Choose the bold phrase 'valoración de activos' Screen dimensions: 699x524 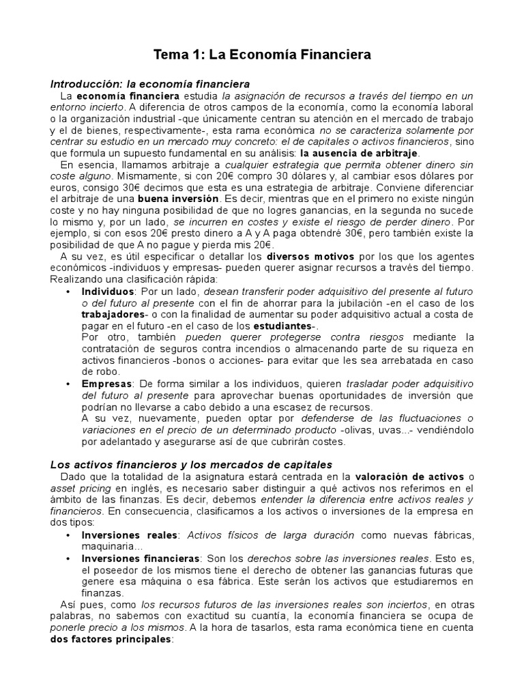[x=407, y=476]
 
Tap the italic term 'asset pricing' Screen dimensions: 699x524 [x=79, y=488]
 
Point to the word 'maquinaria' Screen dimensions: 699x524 [x=108, y=546]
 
